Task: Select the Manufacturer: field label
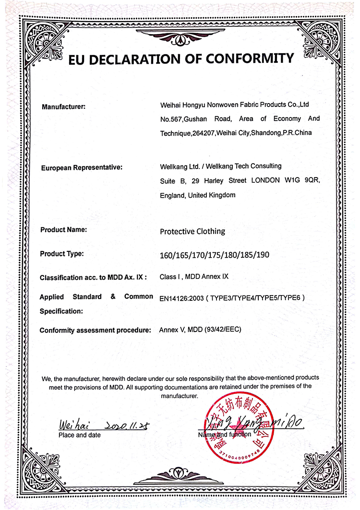click(x=63, y=107)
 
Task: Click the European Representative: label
click(x=82, y=167)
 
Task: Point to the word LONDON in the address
click(x=262, y=181)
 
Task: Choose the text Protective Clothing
click(x=192, y=231)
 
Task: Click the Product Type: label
click(x=61, y=253)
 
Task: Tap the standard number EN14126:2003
click(x=180, y=297)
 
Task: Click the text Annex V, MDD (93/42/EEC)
click(x=200, y=330)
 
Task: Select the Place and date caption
click(x=80, y=435)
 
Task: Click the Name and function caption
click(x=224, y=435)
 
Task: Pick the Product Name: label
click(x=63, y=230)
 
